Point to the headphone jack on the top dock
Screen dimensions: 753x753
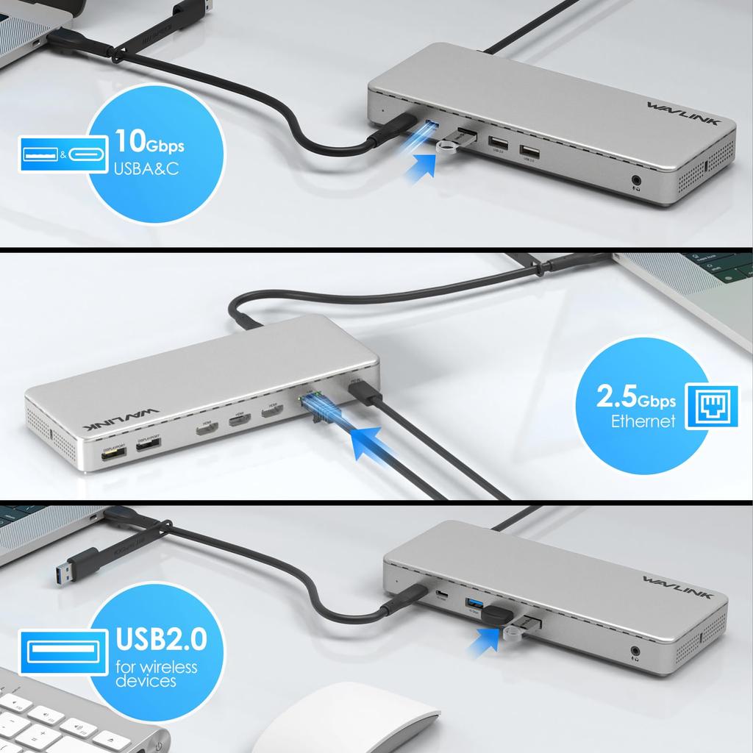[x=636, y=179]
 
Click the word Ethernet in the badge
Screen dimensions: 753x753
[x=643, y=421]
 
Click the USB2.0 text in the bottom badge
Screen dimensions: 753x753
[x=161, y=639]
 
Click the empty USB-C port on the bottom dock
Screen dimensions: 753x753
[x=442, y=594]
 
